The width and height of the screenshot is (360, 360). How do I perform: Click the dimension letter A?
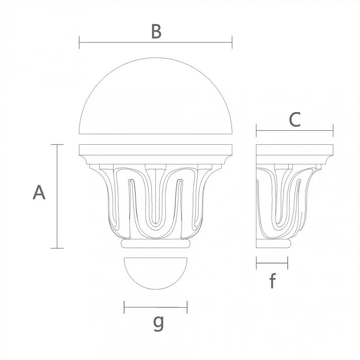pyautogui.click(x=39, y=193)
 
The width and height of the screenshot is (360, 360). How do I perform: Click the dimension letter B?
pyautogui.click(x=156, y=31)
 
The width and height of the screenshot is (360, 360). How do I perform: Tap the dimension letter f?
pyautogui.click(x=272, y=281)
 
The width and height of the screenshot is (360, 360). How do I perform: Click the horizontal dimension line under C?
pyautogui.click(x=294, y=132)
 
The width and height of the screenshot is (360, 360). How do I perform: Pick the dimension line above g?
pyautogui.click(x=155, y=307)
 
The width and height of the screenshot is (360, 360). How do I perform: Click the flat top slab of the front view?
pyautogui.click(x=156, y=150)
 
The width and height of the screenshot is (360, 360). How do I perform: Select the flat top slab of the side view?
pyautogui.click(x=294, y=150)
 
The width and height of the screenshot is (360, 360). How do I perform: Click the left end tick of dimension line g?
pyautogui.click(x=124, y=307)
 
